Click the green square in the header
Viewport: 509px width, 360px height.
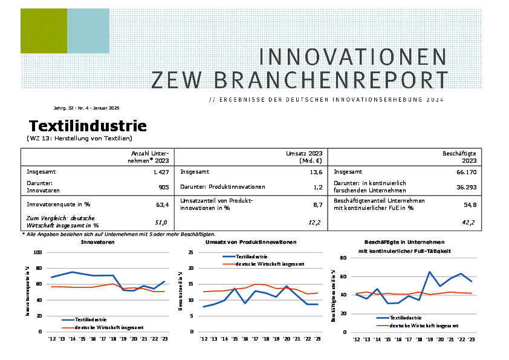point(44,31)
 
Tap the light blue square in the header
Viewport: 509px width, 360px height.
point(88,31)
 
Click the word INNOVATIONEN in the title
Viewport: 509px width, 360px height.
point(353,57)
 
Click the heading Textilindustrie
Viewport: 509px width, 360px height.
point(88,126)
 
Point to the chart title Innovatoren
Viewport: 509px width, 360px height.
point(97,242)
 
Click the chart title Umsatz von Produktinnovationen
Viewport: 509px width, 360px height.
point(250,242)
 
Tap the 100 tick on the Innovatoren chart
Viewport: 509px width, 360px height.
point(37,252)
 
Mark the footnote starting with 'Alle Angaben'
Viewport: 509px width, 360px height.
point(118,234)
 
